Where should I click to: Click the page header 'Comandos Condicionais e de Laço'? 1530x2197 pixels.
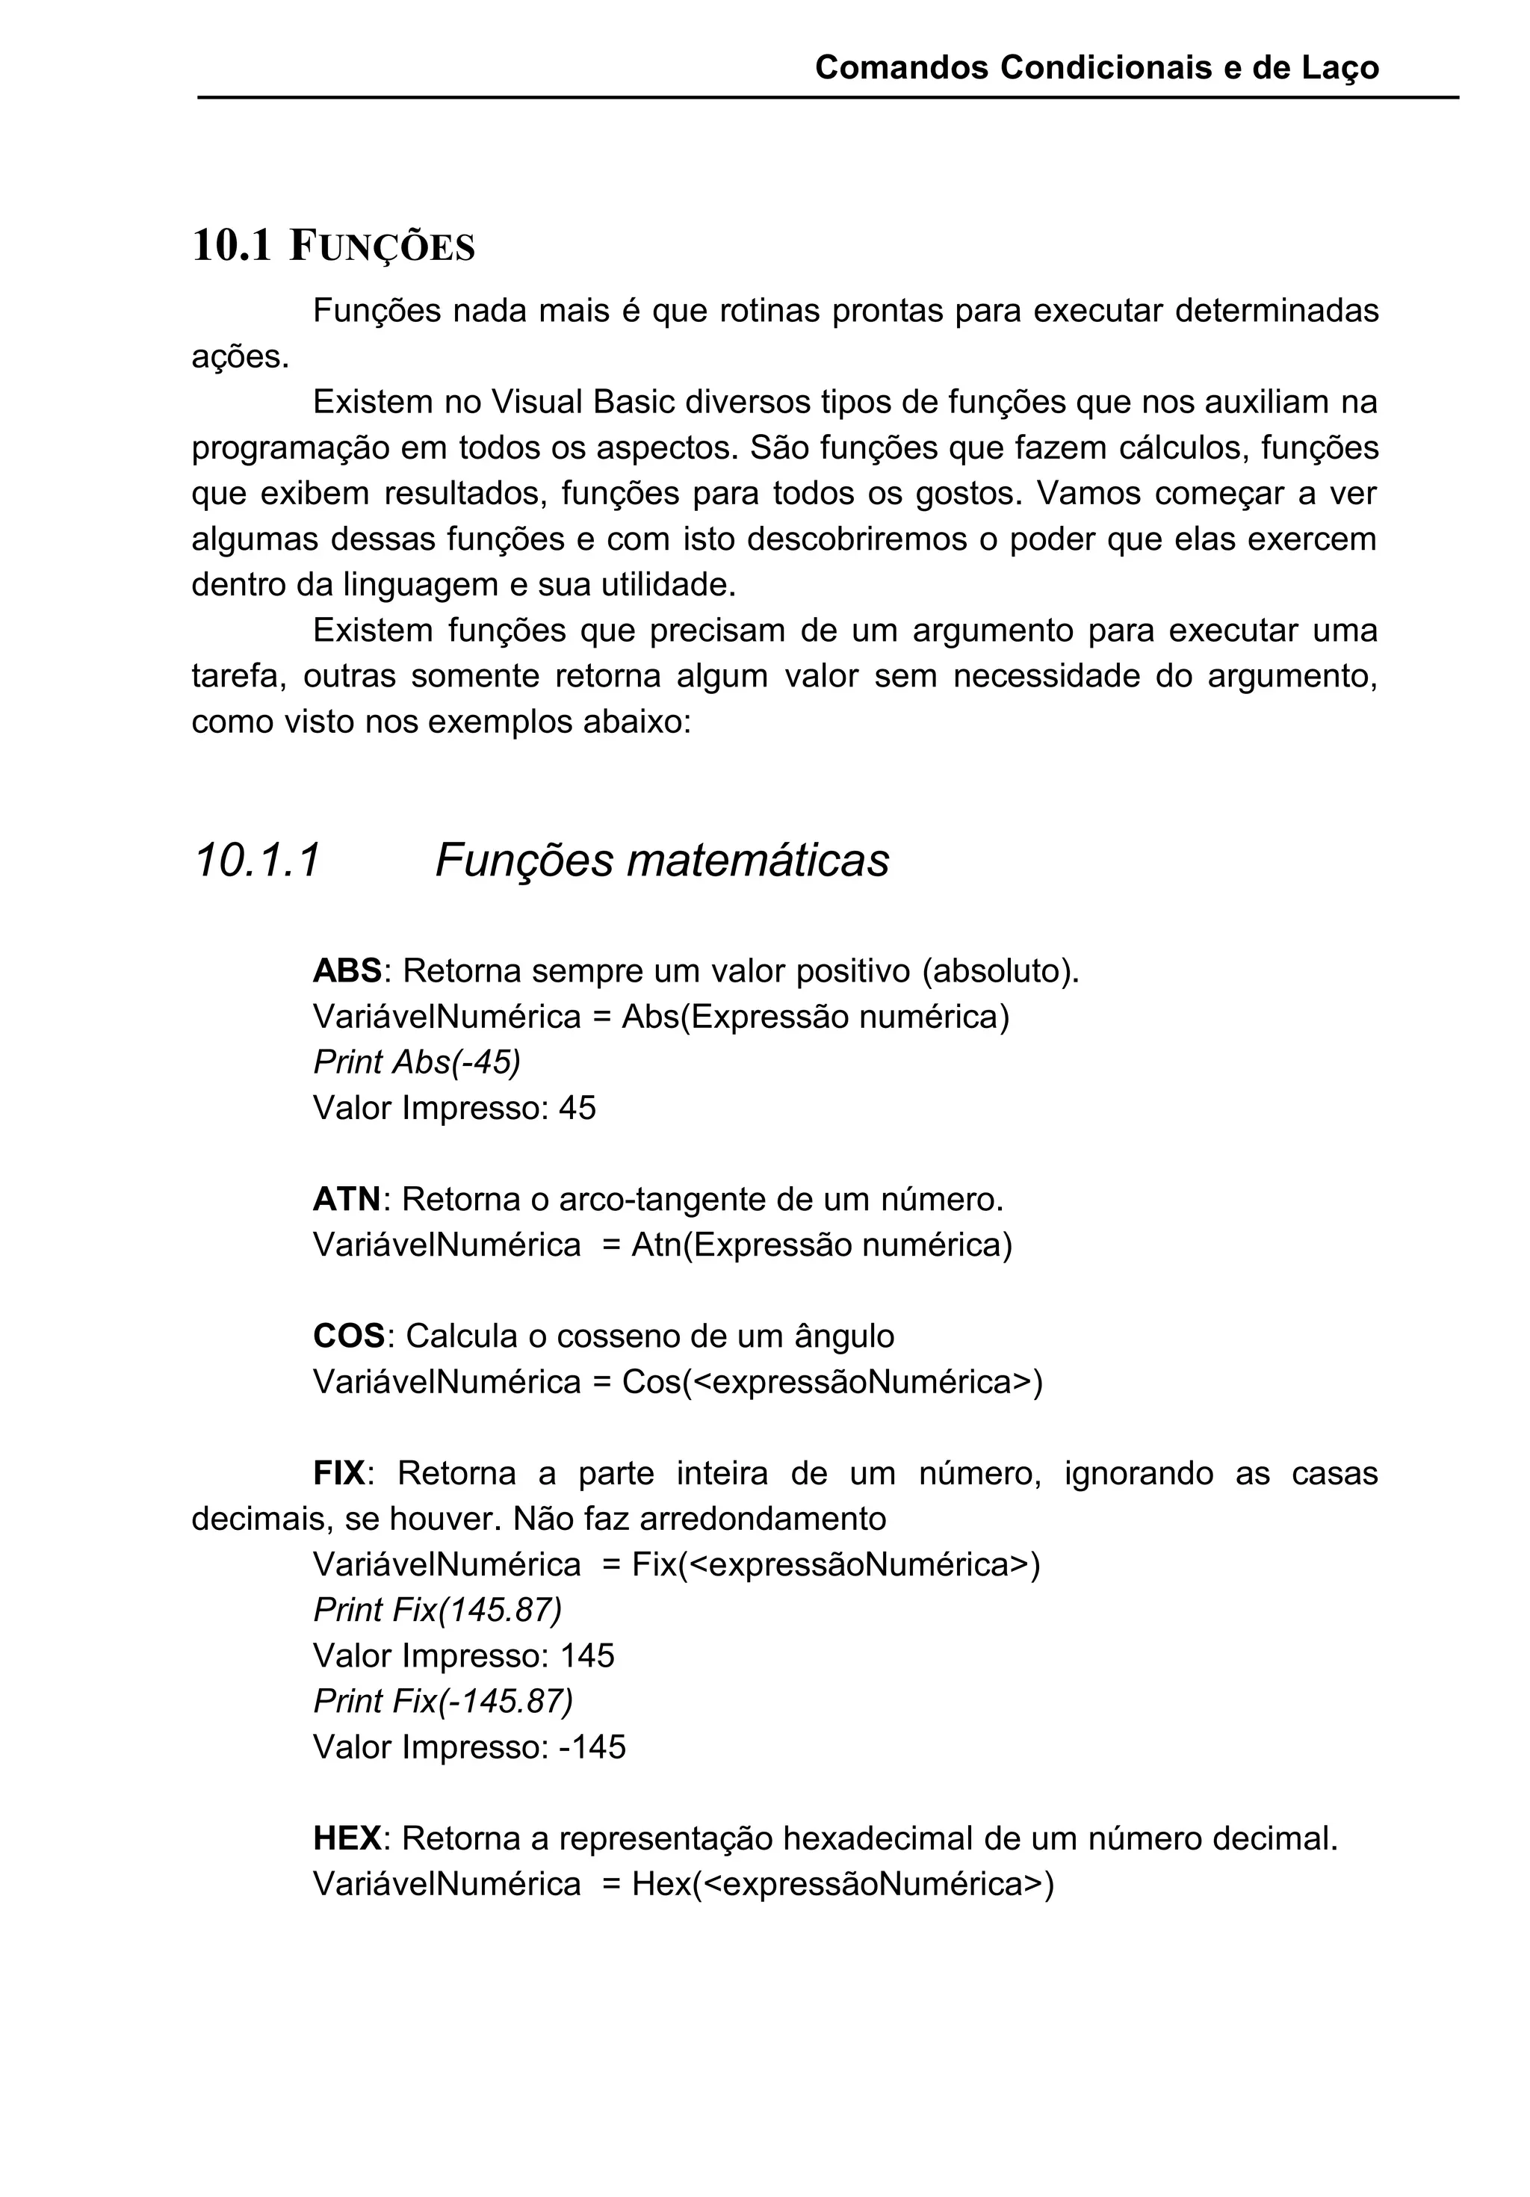coord(1097,68)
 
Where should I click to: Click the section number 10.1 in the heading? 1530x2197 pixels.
coord(232,246)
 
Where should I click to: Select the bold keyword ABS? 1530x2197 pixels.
coord(347,971)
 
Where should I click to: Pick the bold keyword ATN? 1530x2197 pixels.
coord(347,1199)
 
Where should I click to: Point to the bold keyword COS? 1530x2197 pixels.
coord(348,1336)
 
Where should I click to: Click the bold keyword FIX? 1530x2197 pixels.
coord(338,1472)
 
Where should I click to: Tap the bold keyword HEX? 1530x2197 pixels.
coord(347,1838)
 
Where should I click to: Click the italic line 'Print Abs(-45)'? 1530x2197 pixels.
coord(416,1062)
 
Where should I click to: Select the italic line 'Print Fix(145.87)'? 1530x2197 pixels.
coord(437,1611)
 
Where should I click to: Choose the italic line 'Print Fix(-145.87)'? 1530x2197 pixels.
coord(443,1701)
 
